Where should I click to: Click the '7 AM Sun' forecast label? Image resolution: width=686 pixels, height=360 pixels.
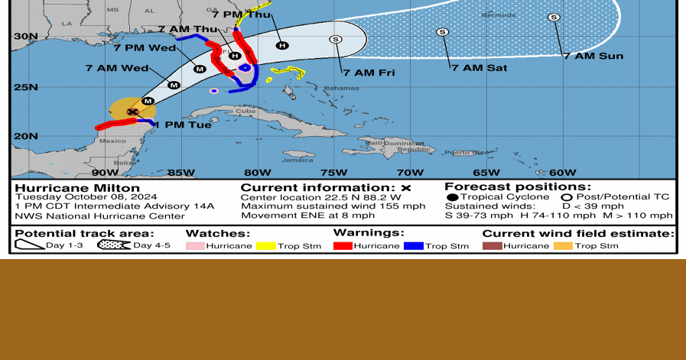point(593,56)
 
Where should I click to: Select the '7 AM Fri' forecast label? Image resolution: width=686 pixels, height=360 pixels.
point(369,73)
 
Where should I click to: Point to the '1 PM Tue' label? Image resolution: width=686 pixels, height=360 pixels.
point(184,124)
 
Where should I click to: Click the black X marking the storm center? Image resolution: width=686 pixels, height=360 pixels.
point(132,112)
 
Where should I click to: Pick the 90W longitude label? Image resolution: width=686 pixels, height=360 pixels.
point(105,172)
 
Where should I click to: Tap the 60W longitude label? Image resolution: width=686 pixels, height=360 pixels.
point(563,172)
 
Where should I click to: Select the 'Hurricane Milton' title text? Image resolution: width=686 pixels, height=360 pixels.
point(77,188)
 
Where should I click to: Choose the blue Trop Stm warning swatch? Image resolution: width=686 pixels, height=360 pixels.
point(413,245)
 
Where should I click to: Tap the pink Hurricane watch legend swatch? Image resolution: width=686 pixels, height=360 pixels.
point(195,245)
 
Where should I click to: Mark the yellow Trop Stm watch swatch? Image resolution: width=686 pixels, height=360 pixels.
point(265,245)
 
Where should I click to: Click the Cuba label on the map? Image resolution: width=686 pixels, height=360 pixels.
point(245,112)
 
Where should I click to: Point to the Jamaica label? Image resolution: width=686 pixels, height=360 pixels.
point(297,160)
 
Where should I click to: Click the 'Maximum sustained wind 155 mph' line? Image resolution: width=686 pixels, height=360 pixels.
point(333,206)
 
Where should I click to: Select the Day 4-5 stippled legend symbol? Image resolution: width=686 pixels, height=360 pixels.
point(113,245)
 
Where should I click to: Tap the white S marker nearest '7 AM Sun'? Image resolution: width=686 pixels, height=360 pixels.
point(554,17)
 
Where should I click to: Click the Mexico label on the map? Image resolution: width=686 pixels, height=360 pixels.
point(113,141)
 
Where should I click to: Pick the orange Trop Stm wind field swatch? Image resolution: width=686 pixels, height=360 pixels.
point(564,245)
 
